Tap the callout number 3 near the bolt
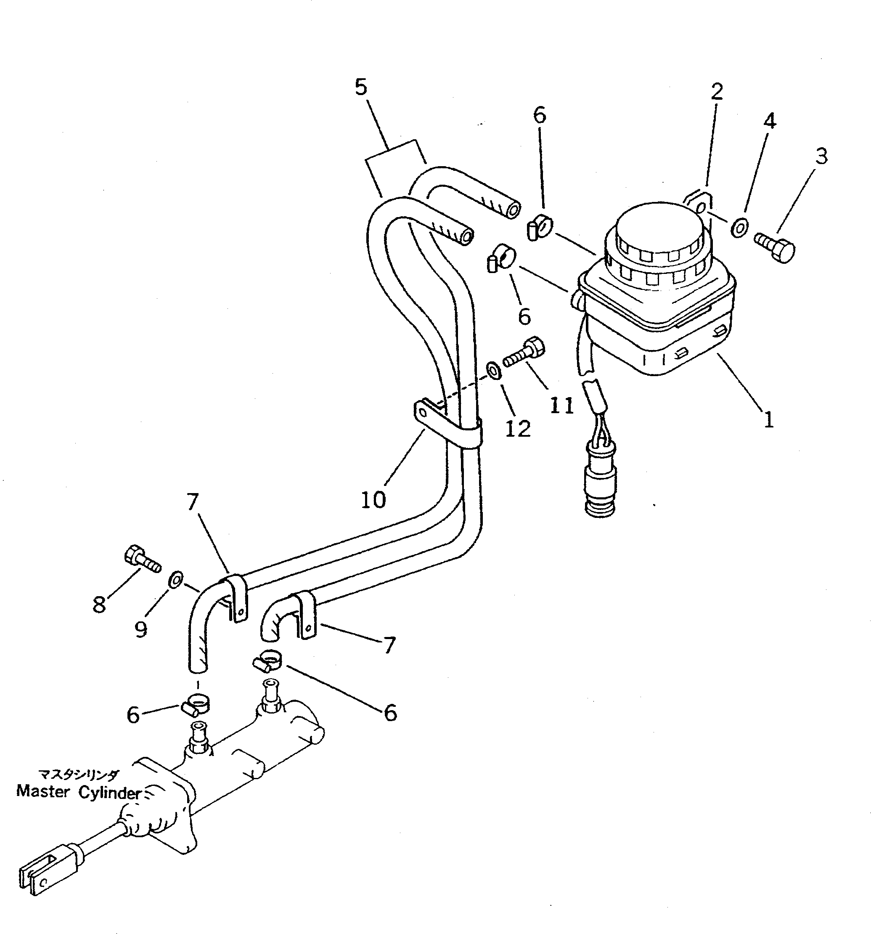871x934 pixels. pos(821,156)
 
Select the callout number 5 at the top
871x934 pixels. pos(360,87)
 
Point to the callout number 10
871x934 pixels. pos(373,500)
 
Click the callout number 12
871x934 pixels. pos(518,428)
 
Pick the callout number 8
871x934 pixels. pos(99,604)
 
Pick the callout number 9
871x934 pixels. pos(141,629)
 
